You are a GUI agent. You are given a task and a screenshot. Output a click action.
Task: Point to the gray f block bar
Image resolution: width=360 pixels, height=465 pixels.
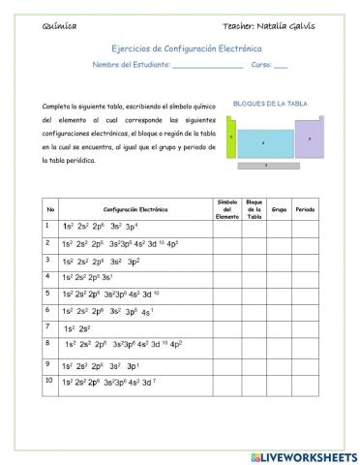[265, 166]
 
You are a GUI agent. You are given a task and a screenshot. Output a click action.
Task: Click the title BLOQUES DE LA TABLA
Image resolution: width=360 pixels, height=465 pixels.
[270, 102]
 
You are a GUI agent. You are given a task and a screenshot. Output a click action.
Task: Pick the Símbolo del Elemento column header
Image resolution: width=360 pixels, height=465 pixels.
[226, 208]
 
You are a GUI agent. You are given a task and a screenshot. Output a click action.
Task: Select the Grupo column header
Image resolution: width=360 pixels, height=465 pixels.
[279, 208]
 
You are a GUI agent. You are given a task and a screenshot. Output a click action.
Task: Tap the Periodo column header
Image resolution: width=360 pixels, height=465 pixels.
[304, 208]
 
